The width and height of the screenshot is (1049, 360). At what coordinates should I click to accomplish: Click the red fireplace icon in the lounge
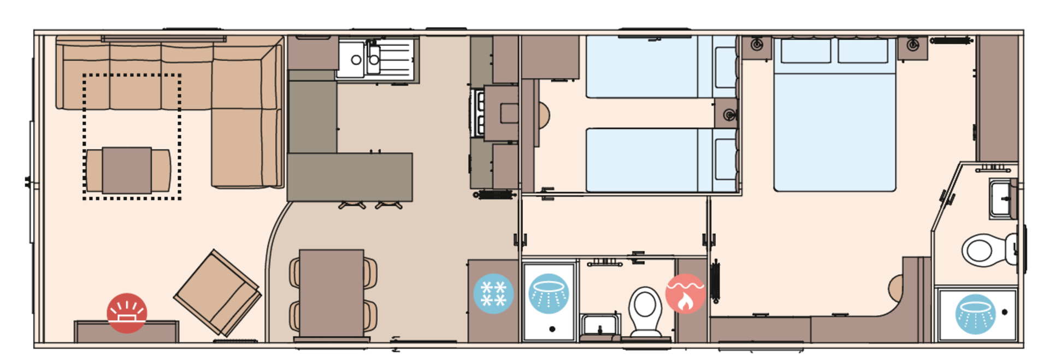tap(127, 313)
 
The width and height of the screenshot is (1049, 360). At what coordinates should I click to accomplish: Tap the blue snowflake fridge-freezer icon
tap(493, 293)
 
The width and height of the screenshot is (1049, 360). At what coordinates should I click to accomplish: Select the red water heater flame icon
tap(685, 293)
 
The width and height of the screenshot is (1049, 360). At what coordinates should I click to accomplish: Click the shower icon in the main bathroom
tap(549, 293)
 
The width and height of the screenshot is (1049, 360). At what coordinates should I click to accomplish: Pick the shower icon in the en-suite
tap(975, 314)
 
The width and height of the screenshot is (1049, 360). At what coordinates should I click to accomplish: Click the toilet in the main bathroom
tap(645, 312)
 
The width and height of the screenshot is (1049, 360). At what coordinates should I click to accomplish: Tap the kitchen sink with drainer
tap(376, 60)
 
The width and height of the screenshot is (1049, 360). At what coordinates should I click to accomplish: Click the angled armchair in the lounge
tap(217, 293)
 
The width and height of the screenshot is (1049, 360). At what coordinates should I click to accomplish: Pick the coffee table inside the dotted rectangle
tap(127, 170)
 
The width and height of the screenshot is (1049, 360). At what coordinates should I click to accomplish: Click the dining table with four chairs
tap(332, 293)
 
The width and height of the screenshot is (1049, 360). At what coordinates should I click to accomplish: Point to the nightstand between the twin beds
tap(727, 114)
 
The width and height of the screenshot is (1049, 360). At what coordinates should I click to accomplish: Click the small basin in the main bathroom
tap(599, 326)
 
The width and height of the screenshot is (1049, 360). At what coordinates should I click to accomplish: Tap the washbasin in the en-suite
tap(1001, 199)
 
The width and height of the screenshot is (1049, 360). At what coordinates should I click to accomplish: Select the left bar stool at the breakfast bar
tap(352, 205)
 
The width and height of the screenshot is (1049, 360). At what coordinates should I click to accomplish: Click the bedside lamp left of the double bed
tap(757, 45)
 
